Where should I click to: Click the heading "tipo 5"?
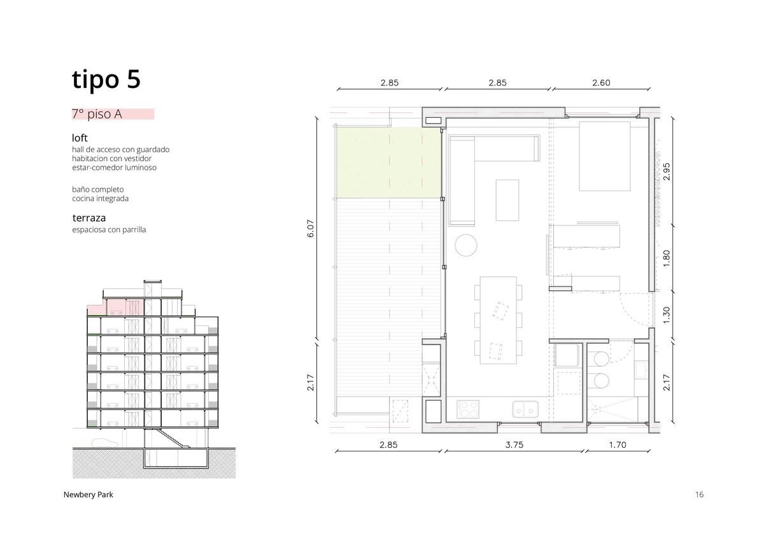pyautogui.click(x=106, y=80)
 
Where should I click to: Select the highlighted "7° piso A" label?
pyautogui.click(x=97, y=114)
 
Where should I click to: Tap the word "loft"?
pyautogui.click(x=80, y=138)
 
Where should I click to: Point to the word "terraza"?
pyautogui.click(x=89, y=218)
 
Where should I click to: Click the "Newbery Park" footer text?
pyautogui.click(x=88, y=495)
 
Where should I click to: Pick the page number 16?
pyautogui.click(x=699, y=495)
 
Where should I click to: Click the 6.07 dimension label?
pyautogui.click(x=311, y=229)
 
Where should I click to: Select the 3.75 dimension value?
pyautogui.click(x=514, y=445)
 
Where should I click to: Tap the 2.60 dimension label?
pyautogui.click(x=601, y=83)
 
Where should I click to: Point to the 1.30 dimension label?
pyautogui.click(x=667, y=315)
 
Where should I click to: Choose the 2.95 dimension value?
pyautogui.click(x=667, y=171)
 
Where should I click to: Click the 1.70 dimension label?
pyautogui.click(x=618, y=445)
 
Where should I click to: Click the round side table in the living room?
pyautogui.click(x=466, y=245)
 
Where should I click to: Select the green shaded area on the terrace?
pyautogui.click(x=388, y=163)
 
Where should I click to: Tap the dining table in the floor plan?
pyautogui.click(x=498, y=320)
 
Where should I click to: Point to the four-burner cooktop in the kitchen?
pyautogui.click(x=468, y=409)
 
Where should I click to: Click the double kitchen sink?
pyautogui.click(x=525, y=409)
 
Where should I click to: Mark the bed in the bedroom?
pyautogui.click(x=605, y=156)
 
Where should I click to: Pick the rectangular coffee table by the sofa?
pyautogui.click(x=507, y=200)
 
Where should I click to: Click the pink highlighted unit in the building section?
pyautogui.click(x=116, y=308)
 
